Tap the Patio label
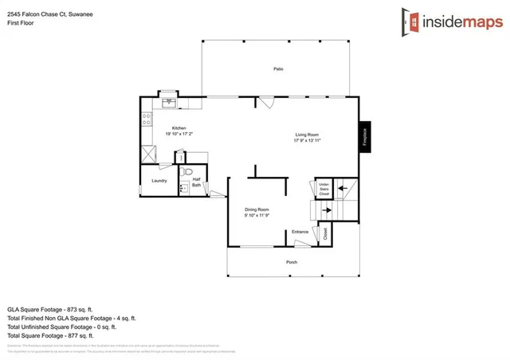(x=278, y=69)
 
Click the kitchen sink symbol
(x=168, y=102)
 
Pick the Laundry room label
(x=159, y=181)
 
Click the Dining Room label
(x=256, y=209)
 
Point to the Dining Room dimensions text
(x=256, y=215)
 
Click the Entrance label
(x=300, y=232)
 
